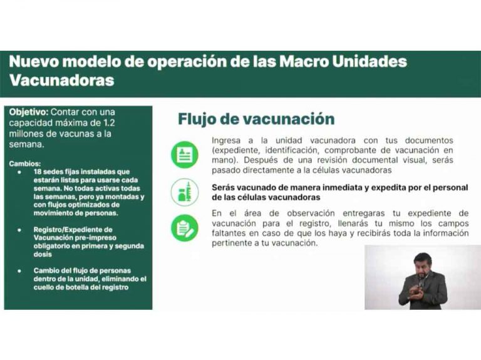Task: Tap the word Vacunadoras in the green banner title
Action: tap(61, 80)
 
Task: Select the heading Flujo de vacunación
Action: tap(256, 119)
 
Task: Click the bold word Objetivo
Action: tap(29, 112)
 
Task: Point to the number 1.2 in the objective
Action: tap(109, 123)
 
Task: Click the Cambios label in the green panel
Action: tap(24, 164)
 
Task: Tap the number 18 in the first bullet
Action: tap(38, 172)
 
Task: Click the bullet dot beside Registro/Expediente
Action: tap(19, 230)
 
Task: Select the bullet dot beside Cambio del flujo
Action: tap(19, 270)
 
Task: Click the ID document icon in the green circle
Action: tap(185, 155)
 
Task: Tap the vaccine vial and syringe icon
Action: tap(185, 192)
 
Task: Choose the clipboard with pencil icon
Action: tap(185, 228)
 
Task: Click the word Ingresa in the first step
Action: tap(226, 141)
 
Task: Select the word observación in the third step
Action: tap(311, 213)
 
